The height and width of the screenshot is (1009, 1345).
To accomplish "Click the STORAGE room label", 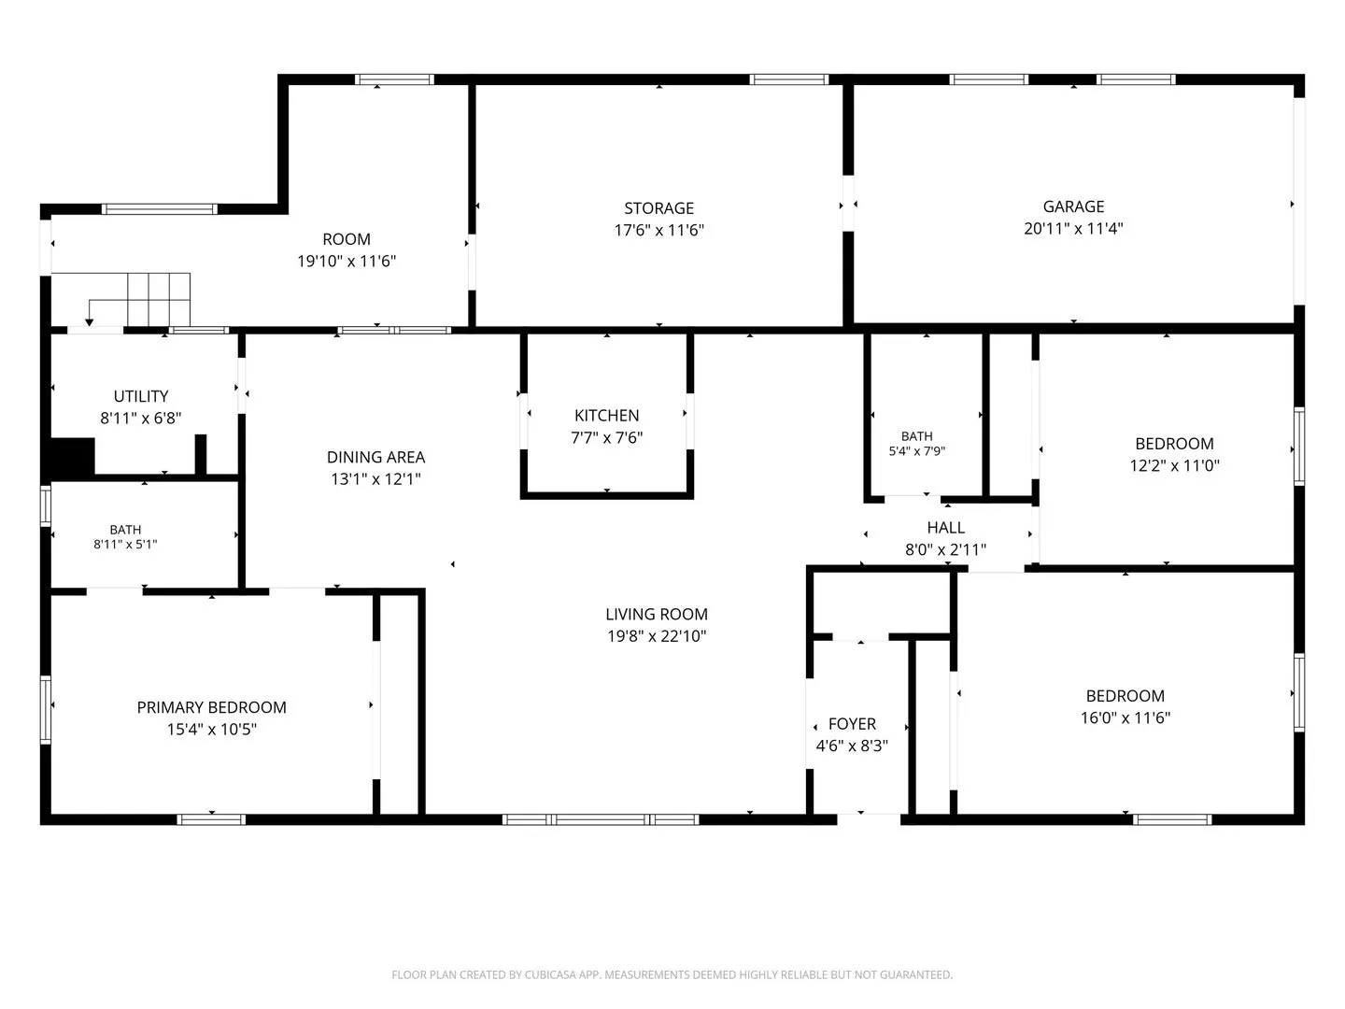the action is [x=658, y=208].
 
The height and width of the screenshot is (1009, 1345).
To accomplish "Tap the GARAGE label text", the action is [x=1073, y=206].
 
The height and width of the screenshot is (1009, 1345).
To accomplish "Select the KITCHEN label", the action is [x=606, y=416].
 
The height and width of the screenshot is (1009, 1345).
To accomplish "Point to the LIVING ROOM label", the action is [x=657, y=614].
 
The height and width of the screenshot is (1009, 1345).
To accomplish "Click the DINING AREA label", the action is [x=375, y=457].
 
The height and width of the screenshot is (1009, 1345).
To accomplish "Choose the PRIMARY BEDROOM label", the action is [x=211, y=707].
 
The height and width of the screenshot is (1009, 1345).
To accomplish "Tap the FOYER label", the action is [x=852, y=723].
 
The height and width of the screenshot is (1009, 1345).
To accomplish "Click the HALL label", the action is [x=945, y=528].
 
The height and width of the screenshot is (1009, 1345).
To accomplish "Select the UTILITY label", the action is [x=141, y=396].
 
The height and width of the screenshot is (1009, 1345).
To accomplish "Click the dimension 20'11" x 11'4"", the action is [x=1073, y=229].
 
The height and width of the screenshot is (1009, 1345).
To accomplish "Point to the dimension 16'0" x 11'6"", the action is [x=1125, y=718].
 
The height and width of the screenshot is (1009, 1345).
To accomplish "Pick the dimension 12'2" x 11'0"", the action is [x=1175, y=465].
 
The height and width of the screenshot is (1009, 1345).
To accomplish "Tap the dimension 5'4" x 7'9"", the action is [x=916, y=451].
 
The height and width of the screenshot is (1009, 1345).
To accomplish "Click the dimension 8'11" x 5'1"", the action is [x=125, y=544].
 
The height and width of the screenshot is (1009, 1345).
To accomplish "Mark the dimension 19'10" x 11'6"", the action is [x=347, y=261].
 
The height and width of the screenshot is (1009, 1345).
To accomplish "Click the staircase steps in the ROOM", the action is [x=159, y=300].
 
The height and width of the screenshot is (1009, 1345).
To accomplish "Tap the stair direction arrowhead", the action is [x=90, y=322].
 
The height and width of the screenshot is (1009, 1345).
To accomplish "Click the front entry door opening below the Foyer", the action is [x=869, y=819].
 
